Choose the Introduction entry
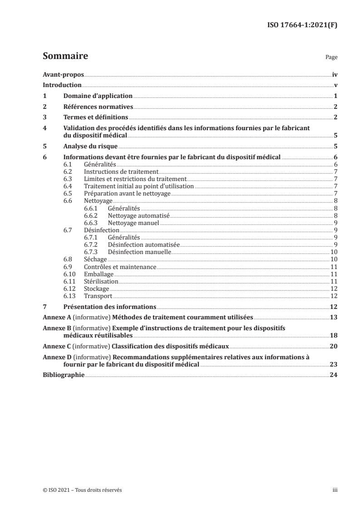[x=62, y=86]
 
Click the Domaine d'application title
[x=97, y=96]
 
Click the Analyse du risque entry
[x=90, y=147]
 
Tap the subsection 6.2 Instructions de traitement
[x=121, y=172]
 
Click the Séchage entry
[x=95, y=259]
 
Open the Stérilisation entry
[x=101, y=281]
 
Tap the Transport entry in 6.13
[x=98, y=296]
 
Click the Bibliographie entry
[x=64, y=376]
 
